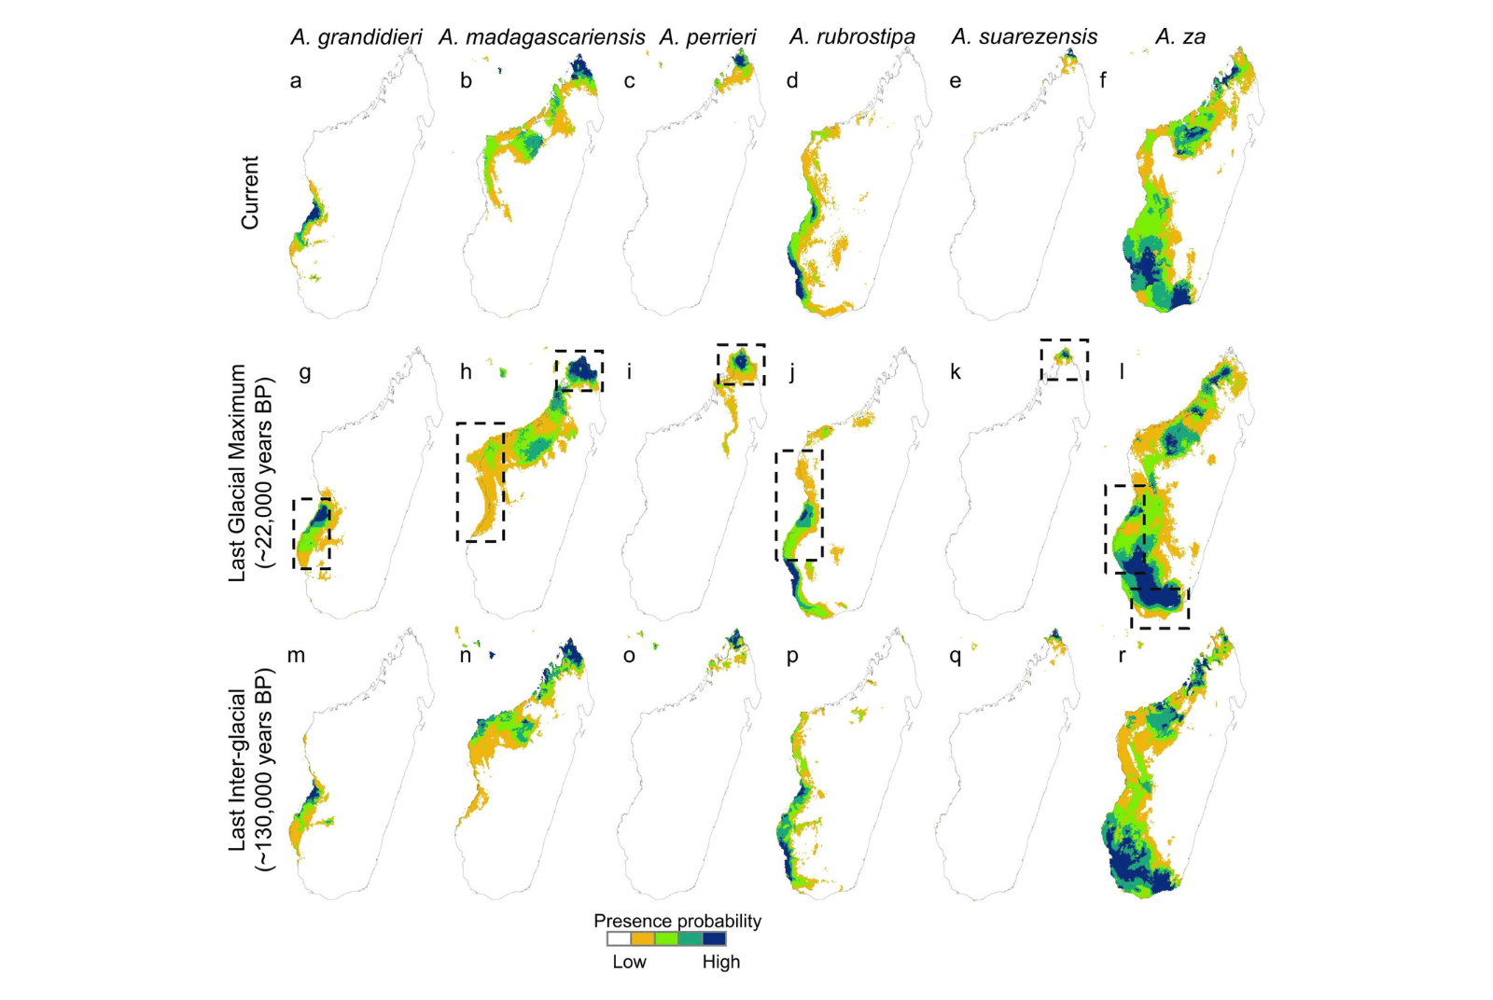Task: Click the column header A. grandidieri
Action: (x=356, y=37)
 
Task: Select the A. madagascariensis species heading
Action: (x=541, y=37)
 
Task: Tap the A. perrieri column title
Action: (x=707, y=37)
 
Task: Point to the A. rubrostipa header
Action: (x=852, y=37)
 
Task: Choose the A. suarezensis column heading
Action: (x=1024, y=37)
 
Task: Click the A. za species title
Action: (x=1180, y=37)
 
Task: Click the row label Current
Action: (x=250, y=192)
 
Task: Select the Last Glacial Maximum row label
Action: (x=239, y=473)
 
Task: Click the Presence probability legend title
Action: (x=677, y=921)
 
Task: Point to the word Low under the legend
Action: (x=629, y=962)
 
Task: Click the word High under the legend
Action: (x=720, y=962)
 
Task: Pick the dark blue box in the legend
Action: (x=715, y=939)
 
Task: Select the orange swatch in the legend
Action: (x=643, y=939)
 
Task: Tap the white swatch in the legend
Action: (x=620, y=939)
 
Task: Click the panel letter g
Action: (x=305, y=373)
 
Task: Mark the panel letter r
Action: (x=1122, y=655)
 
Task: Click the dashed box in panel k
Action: (x=1065, y=340)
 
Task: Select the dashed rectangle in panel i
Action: (x=741, y=346)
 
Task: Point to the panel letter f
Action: (x=1103, y=80)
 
